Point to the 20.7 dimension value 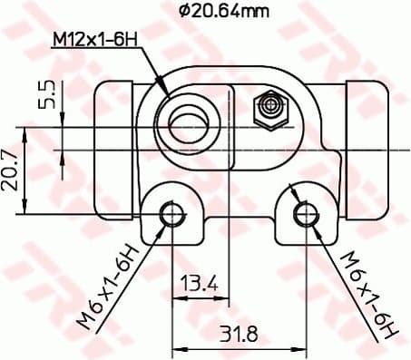12,170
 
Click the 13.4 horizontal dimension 200,284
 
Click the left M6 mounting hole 171,214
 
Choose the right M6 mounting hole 306,214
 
